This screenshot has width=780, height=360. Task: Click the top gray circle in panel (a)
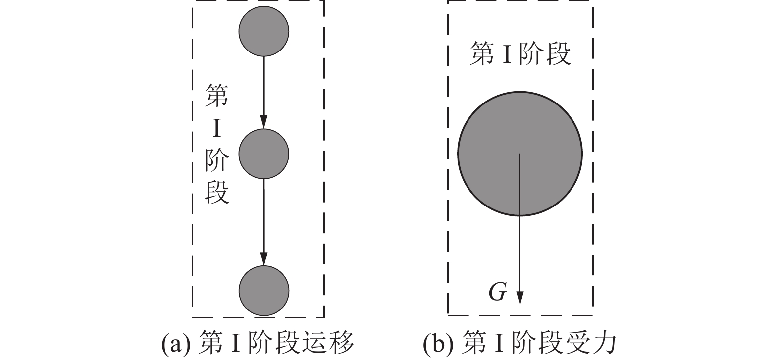pos(263,31)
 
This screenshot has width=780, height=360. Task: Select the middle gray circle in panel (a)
pos(263,154)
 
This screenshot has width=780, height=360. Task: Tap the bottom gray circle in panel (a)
pos(263,290)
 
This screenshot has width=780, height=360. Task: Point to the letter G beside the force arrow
pos(497,292)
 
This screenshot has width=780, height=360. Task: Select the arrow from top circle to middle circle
pos(263,89)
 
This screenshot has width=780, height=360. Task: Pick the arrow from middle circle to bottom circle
pos(263,218)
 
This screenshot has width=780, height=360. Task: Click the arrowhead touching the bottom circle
pos(263,259)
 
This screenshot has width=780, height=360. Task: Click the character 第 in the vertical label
pos(217,96)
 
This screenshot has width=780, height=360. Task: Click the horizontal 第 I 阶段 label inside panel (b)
pos(520,54)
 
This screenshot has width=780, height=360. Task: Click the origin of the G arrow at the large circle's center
pos(520,154)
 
